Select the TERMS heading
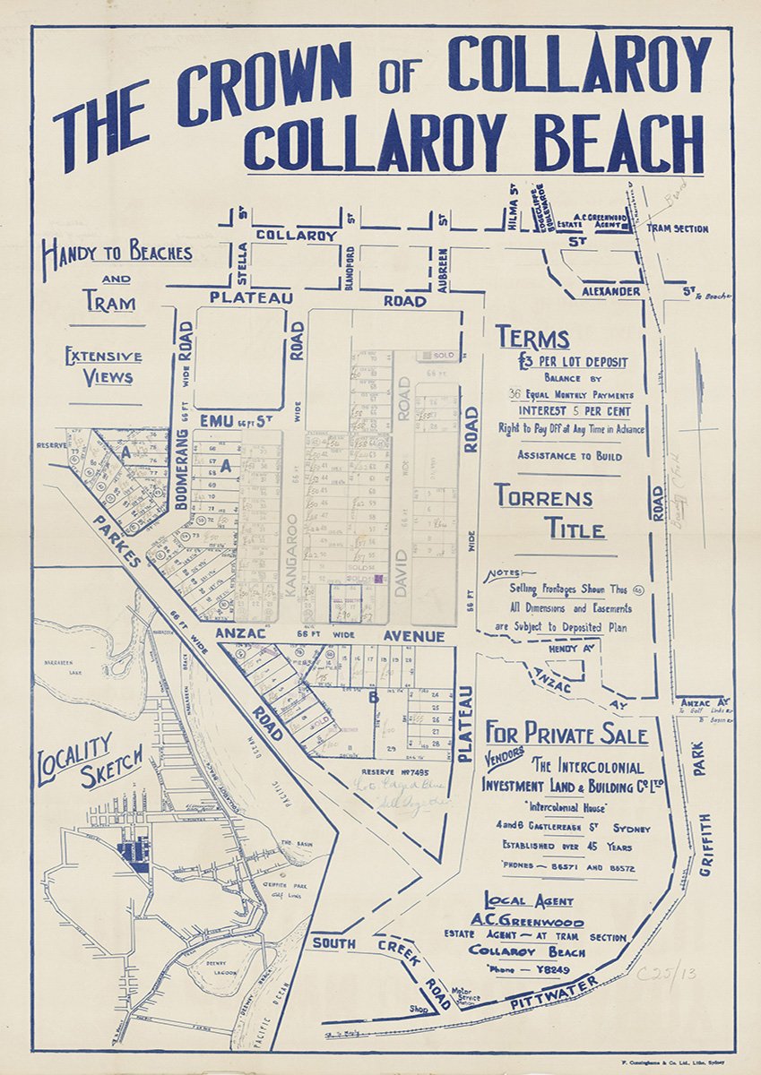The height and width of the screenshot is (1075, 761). pyautogui.click(x=532, y=339)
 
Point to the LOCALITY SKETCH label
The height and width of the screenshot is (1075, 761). pyautogui.click(x=90, y=760)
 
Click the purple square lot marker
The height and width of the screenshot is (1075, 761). pyautogui.click(x=379, y=580)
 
